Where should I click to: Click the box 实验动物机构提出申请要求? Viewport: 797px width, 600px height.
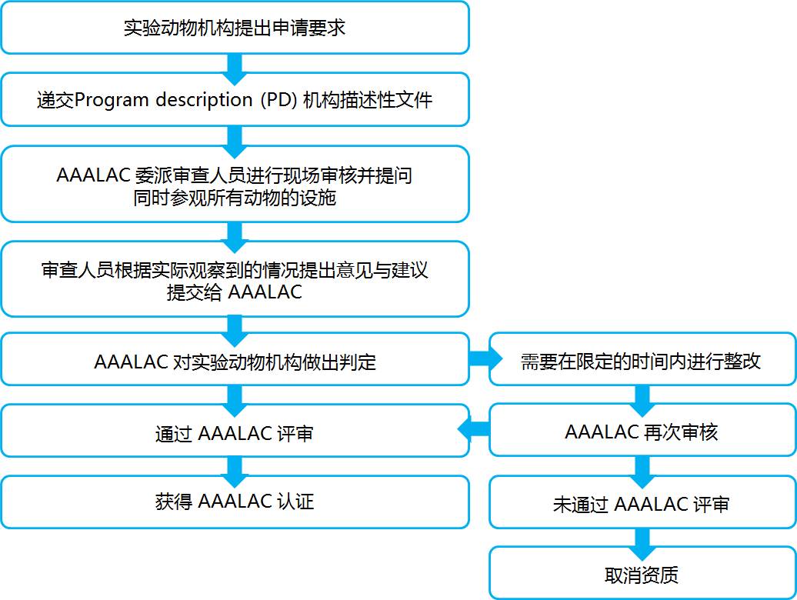click(235, 28)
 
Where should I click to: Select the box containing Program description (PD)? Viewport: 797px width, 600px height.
click(235, 99)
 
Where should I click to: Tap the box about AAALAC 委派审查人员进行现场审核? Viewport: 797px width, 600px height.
click(235, 184)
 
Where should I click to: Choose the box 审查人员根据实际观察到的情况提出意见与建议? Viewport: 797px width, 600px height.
click(235, 279)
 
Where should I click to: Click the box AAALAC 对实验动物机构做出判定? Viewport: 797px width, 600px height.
click(235, 360)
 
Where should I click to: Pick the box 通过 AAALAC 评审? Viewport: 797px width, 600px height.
click(235, 432)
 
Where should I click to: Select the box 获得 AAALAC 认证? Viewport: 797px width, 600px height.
click(235, 502)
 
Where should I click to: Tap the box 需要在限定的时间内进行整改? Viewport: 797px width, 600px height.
click(641, 360)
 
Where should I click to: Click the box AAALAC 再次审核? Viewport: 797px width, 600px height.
click(641, 432)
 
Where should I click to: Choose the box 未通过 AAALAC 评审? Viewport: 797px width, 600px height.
click(641, 504)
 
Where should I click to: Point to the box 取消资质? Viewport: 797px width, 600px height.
click(641, 574)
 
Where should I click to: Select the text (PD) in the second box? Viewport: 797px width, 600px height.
click(278, 100)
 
